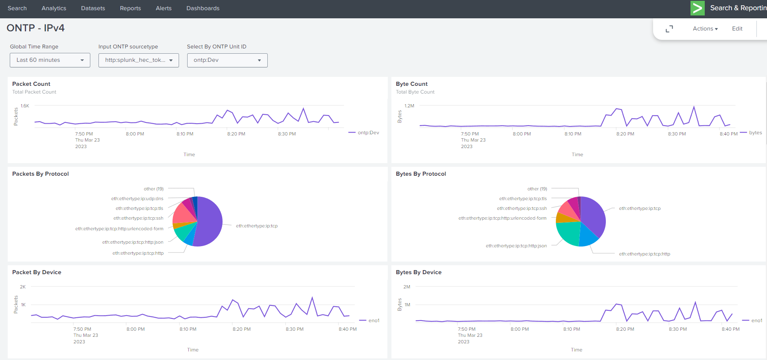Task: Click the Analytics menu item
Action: [54, 8]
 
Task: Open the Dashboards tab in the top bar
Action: [203, 8]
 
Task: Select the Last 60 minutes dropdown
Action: [50, 60]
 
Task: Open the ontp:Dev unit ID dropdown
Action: [227, 60]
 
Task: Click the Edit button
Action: [737, 28]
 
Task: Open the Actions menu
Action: [705, 28]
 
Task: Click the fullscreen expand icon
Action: [669, 29]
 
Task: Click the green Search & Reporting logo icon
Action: [697, 8]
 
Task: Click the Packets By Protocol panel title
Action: [40, 174]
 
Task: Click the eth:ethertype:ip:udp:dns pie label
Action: [137, 199]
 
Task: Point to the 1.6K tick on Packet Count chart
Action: [25, 106]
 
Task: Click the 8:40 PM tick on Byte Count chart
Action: [728, 134]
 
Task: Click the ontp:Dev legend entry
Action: [368, 133]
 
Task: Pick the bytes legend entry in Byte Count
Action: [755, 133]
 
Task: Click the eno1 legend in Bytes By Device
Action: [756, 321]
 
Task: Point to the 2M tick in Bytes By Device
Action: [406, 287]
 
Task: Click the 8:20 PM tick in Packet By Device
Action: [241, 329]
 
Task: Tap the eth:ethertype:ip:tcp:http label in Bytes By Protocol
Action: [644, 254]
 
